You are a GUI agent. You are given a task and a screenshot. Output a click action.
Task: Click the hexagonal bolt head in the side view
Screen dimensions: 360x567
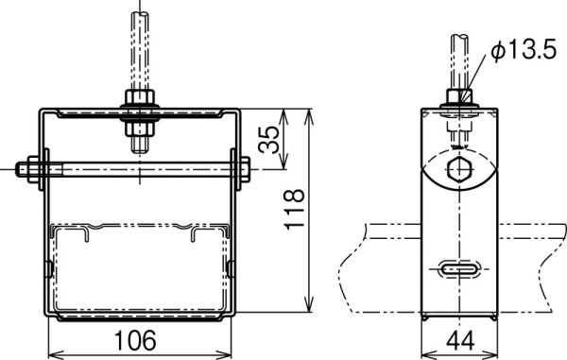(x=458, y=171)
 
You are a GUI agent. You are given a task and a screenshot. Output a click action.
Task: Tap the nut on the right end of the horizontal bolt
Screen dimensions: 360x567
(x=244, y=171)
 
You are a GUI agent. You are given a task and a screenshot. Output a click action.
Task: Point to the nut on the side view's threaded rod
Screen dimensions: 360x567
(x=458, y=98)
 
